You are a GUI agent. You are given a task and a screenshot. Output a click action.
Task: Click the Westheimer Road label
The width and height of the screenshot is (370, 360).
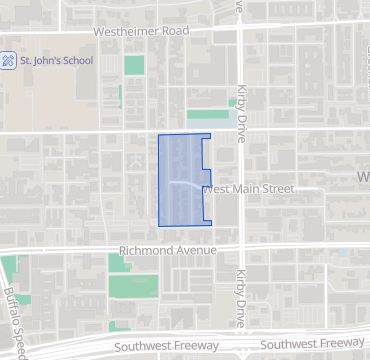click(x=141, y=31)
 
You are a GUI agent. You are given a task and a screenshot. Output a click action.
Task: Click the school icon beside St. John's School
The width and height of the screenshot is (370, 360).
click(x=8, y=60)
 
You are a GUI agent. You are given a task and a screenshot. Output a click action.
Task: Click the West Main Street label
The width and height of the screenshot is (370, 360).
click(x=251, y=188)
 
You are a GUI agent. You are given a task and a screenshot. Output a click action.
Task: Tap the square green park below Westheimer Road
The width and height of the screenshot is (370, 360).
click(x=133, y=65)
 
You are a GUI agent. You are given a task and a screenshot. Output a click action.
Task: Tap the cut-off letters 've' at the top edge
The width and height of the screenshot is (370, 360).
click(x=240, y=5)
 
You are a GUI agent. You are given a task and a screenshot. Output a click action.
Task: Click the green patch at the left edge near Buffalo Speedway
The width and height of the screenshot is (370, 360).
click(x=8, y=268)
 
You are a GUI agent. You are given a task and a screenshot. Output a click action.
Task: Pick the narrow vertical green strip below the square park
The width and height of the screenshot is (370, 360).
click(x=120, y=97)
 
